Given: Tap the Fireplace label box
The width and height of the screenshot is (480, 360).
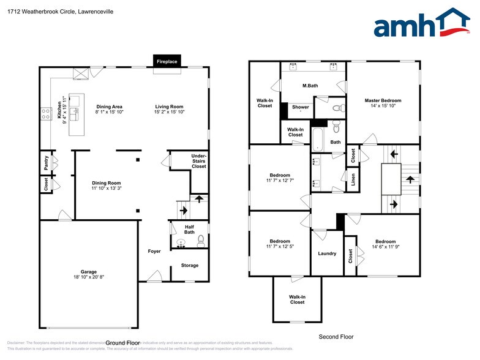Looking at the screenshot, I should tap(167, 61).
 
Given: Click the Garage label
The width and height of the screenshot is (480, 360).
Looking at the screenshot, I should tap(89, 272).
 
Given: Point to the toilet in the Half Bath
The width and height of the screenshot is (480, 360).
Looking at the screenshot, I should tap(199, 242).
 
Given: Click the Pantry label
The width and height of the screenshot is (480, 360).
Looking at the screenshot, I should tap(46, 162).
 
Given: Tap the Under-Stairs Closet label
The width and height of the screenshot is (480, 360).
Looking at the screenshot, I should tap(198, 161).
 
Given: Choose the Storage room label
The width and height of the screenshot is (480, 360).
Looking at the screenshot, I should tap(189, 265).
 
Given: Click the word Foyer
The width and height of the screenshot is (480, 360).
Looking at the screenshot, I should tap(154, 252).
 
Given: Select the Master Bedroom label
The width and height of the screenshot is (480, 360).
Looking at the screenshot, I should tap(383, 100).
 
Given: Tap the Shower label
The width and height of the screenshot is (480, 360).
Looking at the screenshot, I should tap(301, 107).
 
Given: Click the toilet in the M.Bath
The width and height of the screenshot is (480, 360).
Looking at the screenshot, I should tap(336, 108).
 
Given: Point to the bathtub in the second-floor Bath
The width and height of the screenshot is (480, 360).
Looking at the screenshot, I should tap(317, 139).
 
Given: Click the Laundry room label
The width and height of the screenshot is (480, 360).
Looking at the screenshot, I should tap(327, 253).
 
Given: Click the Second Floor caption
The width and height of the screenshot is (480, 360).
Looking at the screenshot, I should tap(336, 337).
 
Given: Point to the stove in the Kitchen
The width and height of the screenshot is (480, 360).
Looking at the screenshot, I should tap(45, 113).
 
